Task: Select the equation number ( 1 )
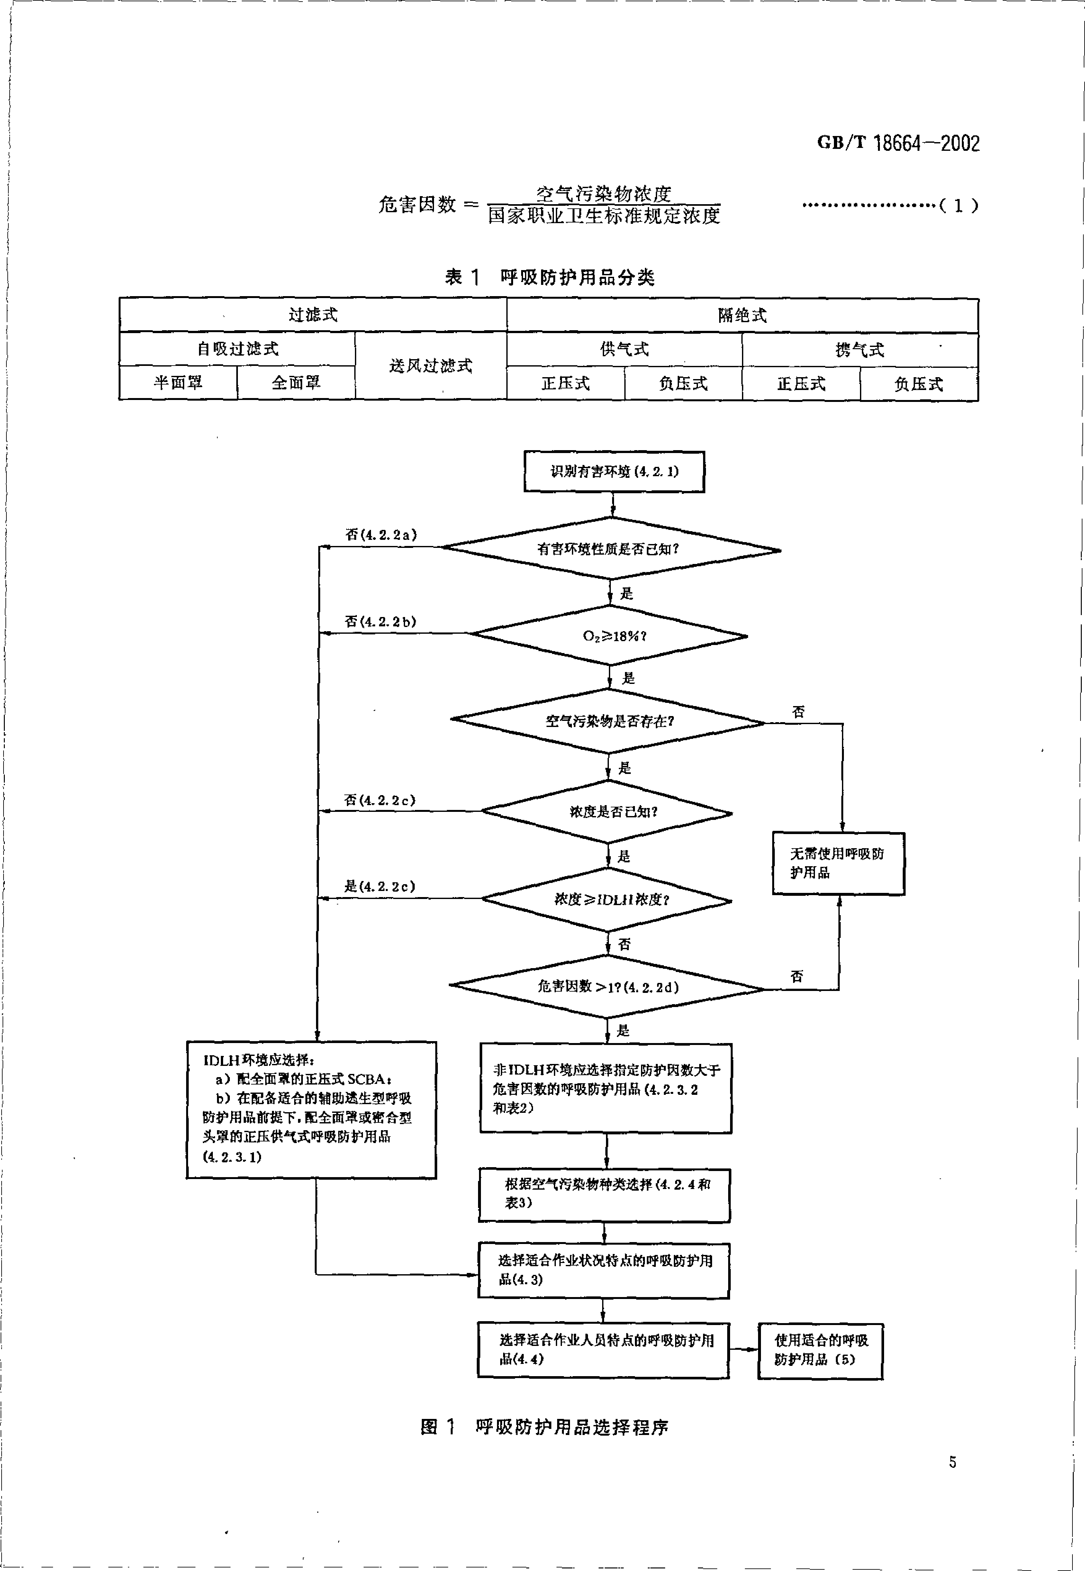click(958, 205)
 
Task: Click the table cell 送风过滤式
click(430, 366)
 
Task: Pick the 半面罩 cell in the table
click(178, 383)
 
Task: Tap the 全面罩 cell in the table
click(296, 383)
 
